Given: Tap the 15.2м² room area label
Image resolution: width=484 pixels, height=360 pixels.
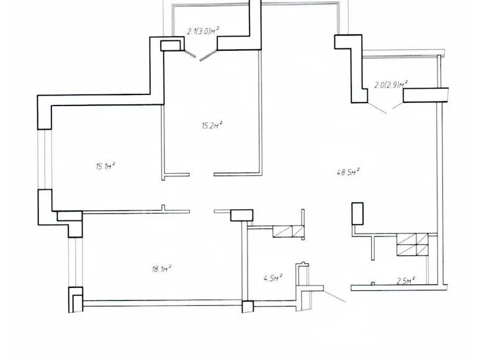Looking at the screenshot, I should pyautogui.click(x=212, y=125).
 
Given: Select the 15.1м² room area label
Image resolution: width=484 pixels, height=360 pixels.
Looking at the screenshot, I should pyautogui.click(x=105, y=166).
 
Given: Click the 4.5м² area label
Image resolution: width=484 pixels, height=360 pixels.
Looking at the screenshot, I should pyautogui.click(x=273, y=277).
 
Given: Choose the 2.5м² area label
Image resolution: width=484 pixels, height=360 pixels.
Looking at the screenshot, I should pyautogui.click(x=405, y=281).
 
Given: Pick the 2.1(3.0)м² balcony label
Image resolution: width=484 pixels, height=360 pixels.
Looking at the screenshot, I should pyautogui.click(x=204, y=30).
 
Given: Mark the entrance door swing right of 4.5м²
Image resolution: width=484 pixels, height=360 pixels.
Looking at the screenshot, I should pyautogui.click(x=334, y=294).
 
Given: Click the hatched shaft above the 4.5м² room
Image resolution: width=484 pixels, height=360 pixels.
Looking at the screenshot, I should pyautogui.click(x=288, y=232).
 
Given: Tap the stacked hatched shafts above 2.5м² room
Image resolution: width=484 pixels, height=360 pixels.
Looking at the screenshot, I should pyautogui.click(x=412, y=245).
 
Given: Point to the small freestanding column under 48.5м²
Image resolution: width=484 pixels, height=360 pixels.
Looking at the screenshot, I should pyautogui.click(x=357, y=213).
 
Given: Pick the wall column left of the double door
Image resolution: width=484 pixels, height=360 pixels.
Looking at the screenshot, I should pyautogui.click(x=171, y=45).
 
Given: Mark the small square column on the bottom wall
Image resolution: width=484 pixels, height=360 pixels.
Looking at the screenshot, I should pyautogui.click(x=248, y=306).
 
